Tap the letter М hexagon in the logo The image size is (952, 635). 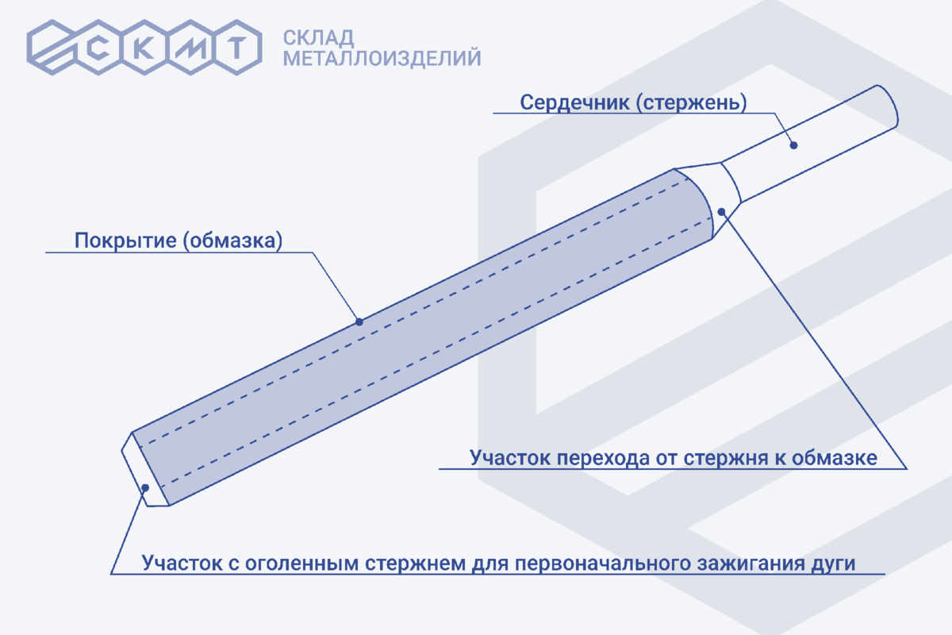point(193,48)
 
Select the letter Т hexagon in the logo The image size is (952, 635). point(237,48)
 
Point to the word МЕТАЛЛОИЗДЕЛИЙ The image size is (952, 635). point(382,58)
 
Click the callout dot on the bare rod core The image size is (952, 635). point(793,144)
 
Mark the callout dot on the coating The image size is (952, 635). point(359,321)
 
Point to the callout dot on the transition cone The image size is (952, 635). point(721,210)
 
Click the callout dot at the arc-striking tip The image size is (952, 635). point(144,487)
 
